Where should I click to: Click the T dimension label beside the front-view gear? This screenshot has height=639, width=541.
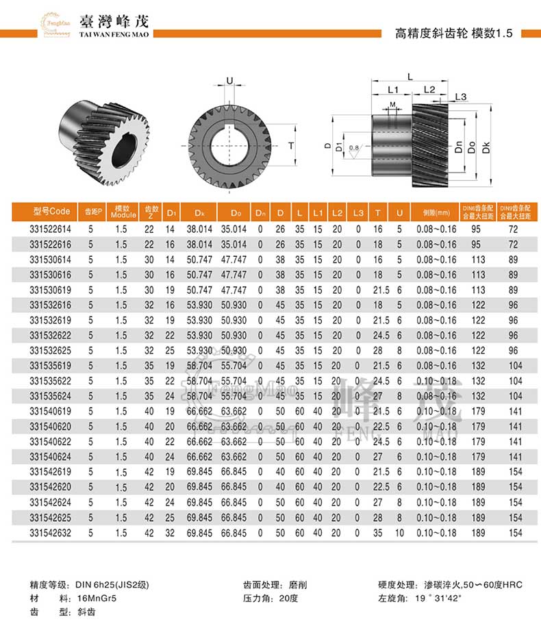(290, 146)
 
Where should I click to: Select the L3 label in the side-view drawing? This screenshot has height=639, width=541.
(460, 97)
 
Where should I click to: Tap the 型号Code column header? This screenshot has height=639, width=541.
(51, 212)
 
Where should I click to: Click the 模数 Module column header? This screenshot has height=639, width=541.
(122, 212)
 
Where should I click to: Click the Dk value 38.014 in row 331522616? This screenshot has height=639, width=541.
(200, 245)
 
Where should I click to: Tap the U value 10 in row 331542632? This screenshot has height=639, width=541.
(399, 533)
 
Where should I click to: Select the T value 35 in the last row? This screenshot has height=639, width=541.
(377, 533)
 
